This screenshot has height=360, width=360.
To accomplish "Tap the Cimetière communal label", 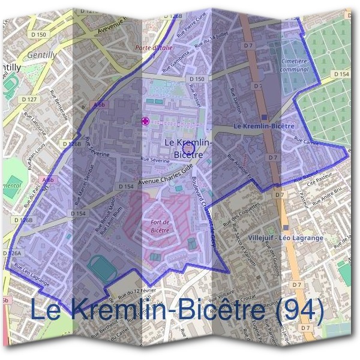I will click(294, 65).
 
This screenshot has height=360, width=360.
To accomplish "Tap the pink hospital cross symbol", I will click(145, 121).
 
